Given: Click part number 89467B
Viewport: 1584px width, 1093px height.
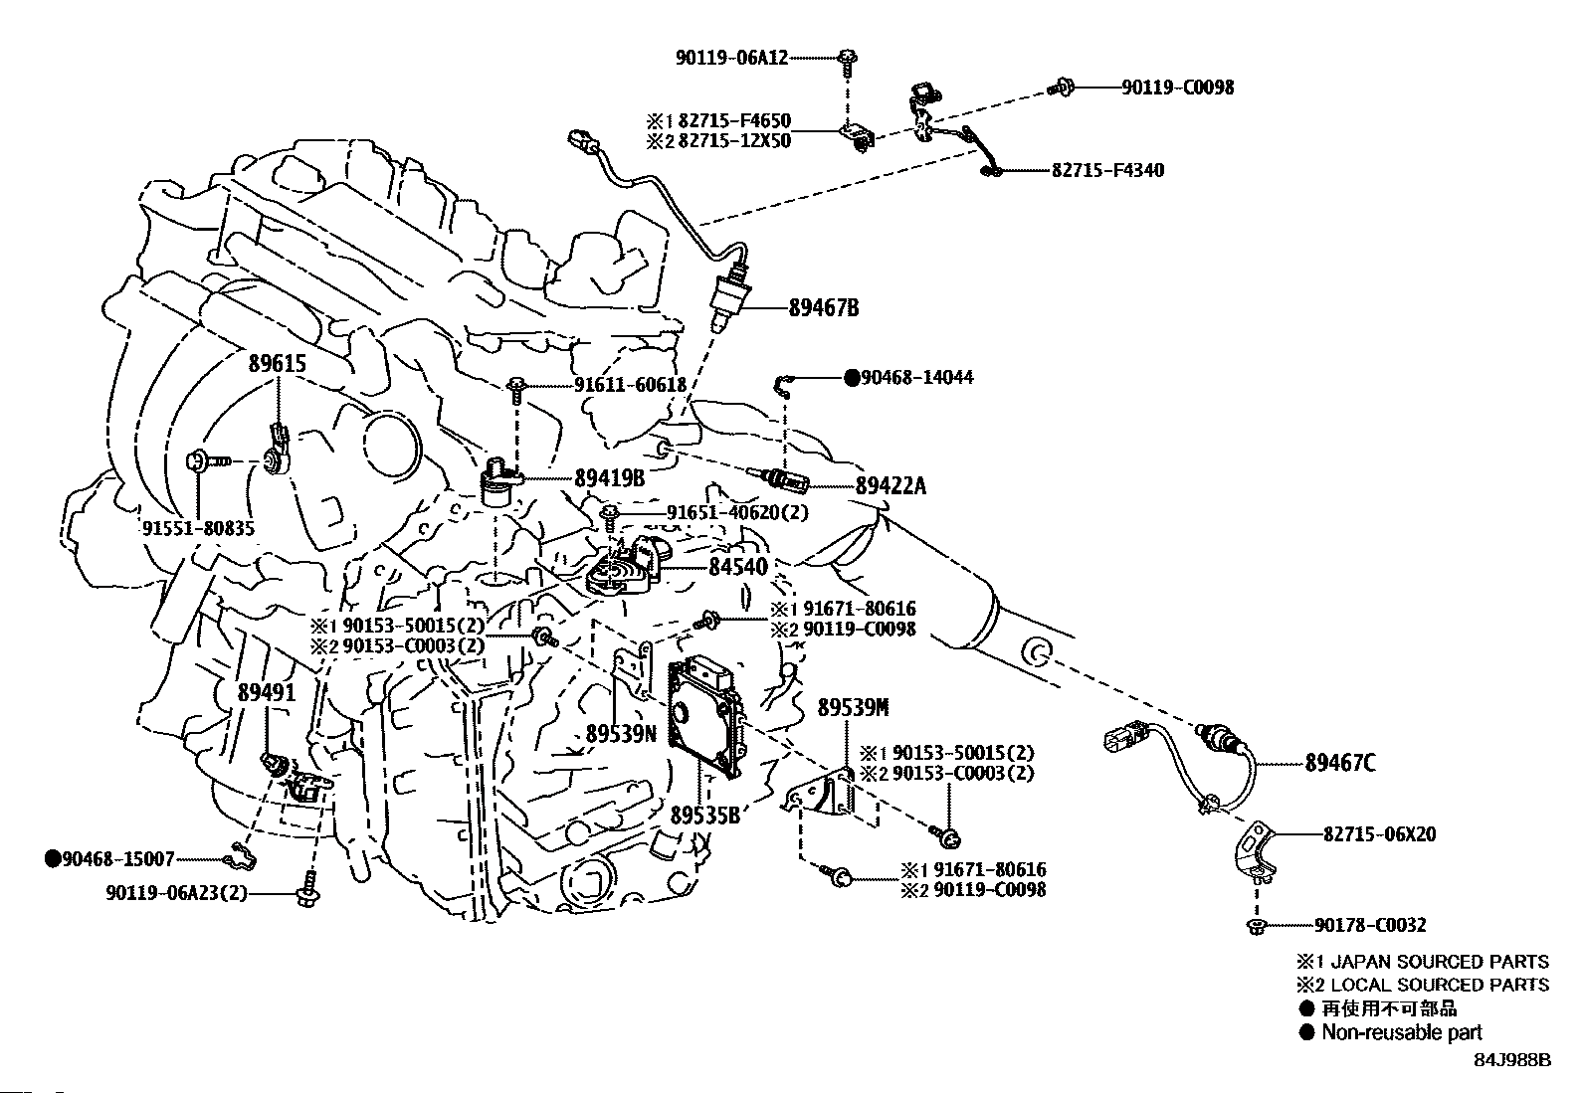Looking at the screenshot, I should click(x=824, y=307).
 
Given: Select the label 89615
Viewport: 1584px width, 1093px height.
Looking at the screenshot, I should click(x=277, y=364).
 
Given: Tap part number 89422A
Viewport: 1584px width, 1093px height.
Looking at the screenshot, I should click(x=891, y=485).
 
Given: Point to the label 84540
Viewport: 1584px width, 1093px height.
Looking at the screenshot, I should click(x=737, y=567).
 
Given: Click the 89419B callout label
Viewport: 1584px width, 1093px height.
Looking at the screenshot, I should click(x=610, y=478).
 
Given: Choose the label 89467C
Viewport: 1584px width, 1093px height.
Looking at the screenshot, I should click(x=1340, y=763).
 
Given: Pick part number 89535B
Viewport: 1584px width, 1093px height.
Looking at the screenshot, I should click(x=704, y=816).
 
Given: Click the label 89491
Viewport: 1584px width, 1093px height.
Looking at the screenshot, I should click(x=267, y=692).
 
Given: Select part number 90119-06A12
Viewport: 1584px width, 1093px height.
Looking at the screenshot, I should click(x=731, y=58).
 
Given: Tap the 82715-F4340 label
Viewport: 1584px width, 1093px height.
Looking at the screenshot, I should click(x=1107, y=171).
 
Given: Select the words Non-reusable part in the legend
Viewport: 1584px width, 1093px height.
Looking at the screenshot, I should click(x=1401, y=1032).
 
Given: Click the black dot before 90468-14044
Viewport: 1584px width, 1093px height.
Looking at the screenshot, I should click(x=852, y=378).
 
